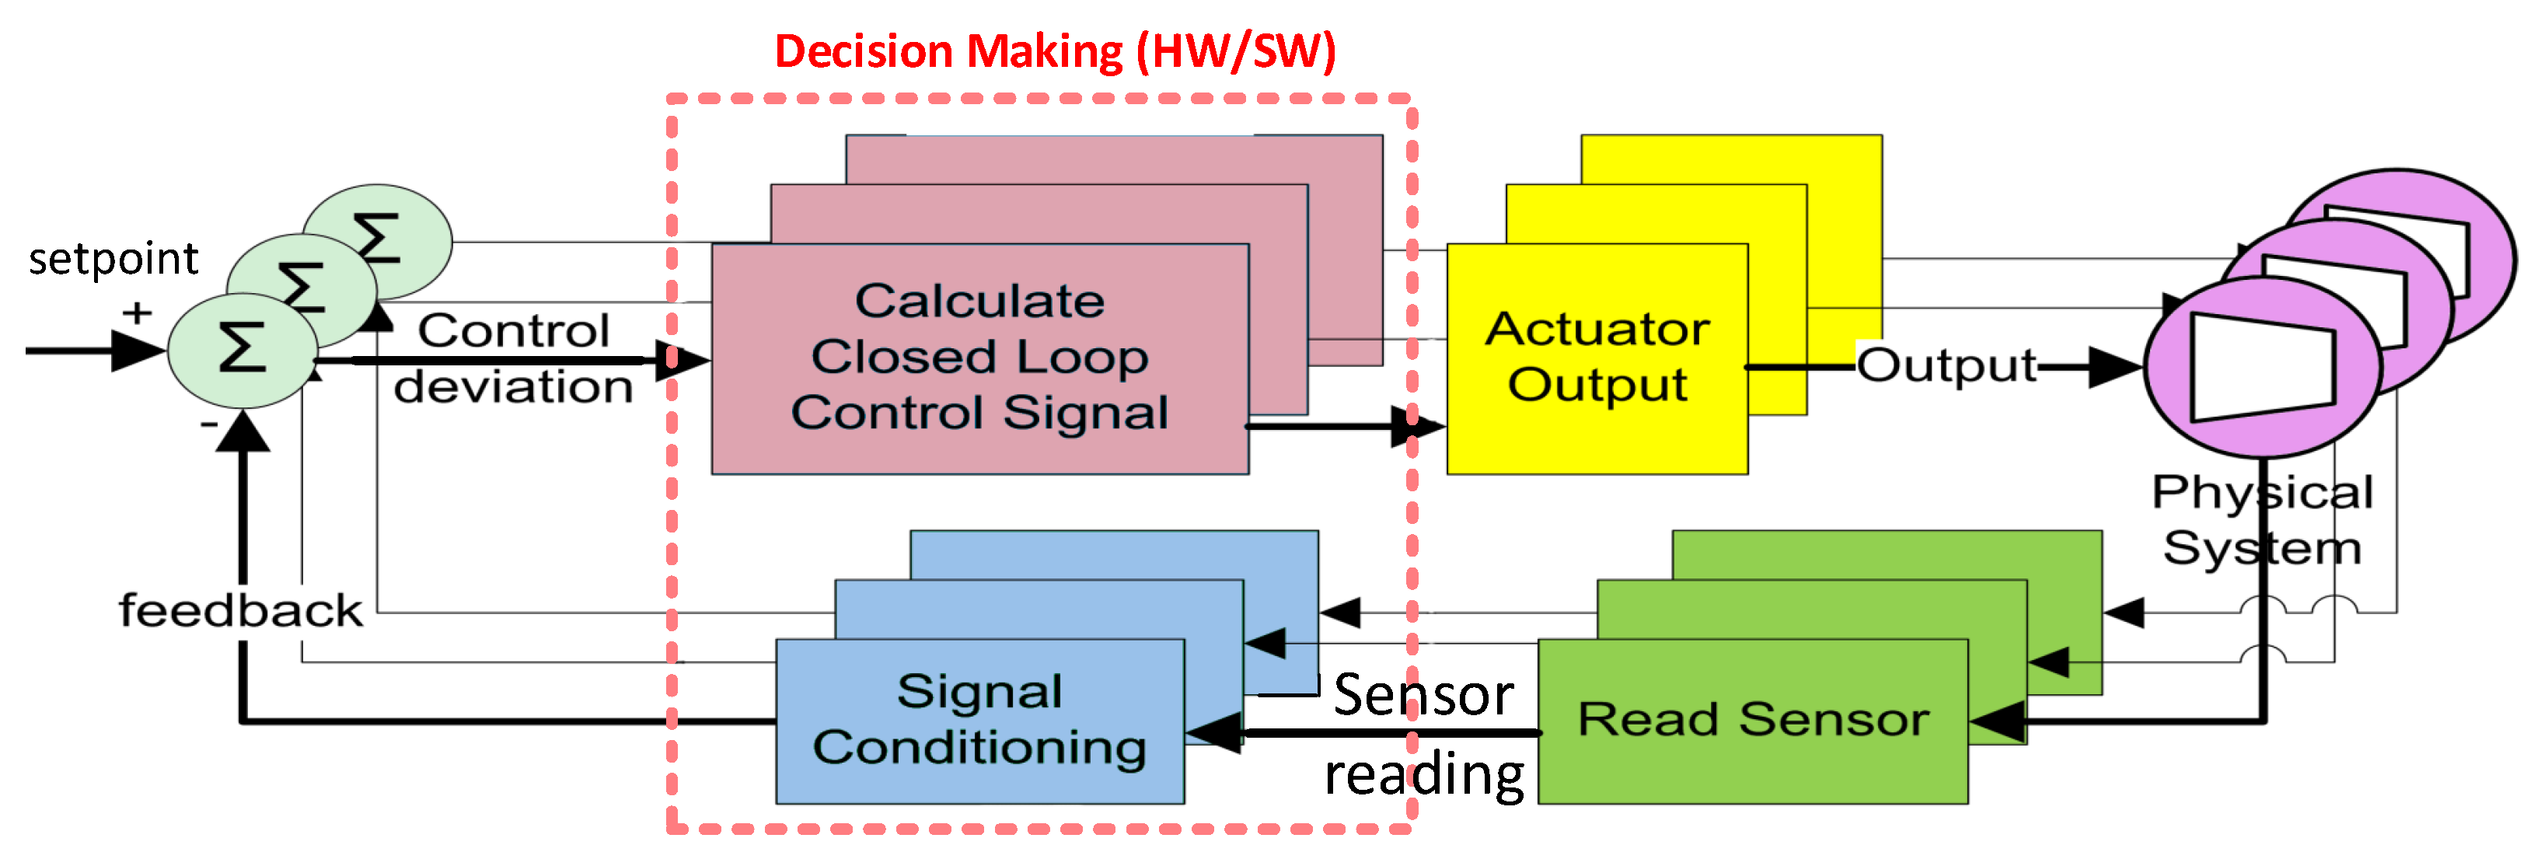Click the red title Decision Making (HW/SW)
pos(1054,51)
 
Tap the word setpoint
pos(113,259)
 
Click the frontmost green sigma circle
pos(242,350)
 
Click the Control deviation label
pos(513,358)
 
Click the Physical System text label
pos(2262,519)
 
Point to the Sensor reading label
pos(1423,734)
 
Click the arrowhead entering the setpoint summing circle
pos(138,350)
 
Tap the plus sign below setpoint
pos(137,313)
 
